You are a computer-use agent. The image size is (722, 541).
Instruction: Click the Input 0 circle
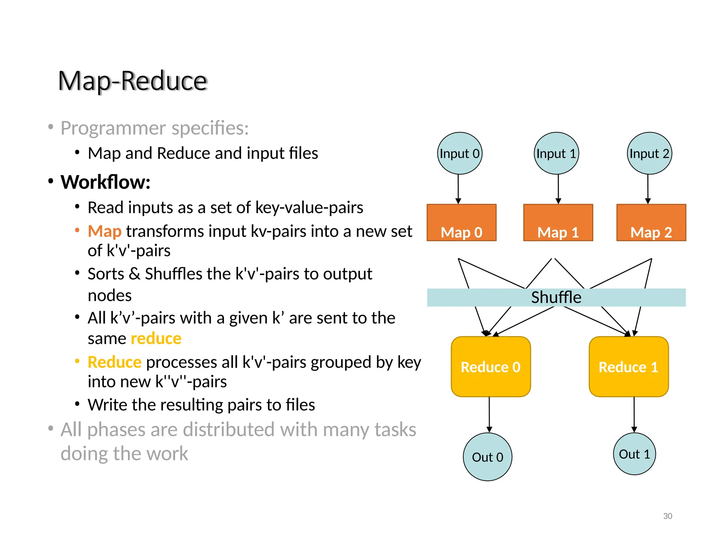459,153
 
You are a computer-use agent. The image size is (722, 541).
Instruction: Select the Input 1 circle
556,153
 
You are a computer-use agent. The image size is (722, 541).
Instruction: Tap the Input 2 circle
649,153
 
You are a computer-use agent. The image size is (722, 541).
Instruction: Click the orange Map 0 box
461,223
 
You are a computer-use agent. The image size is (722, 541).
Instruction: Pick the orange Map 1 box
558,223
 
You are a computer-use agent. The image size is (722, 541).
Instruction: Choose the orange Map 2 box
651,223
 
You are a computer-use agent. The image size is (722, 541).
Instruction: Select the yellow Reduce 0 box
490,367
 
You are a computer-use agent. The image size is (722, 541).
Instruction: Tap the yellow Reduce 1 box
628,367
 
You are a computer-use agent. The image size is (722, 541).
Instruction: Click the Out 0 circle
487,457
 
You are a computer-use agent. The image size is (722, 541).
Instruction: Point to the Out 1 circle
634,454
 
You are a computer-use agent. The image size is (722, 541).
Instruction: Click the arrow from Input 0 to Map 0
458,188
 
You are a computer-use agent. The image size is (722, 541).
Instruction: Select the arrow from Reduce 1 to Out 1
634,414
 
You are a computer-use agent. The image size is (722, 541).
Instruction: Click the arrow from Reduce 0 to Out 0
489,414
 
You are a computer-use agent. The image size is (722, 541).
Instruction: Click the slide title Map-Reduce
132,81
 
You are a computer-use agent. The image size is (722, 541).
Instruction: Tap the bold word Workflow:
105,182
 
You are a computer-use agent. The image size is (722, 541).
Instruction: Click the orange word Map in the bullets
104,231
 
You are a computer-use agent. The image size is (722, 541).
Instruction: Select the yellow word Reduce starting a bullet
114,362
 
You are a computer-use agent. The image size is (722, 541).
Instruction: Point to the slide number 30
667,516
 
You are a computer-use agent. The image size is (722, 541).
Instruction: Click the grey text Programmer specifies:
154,128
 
